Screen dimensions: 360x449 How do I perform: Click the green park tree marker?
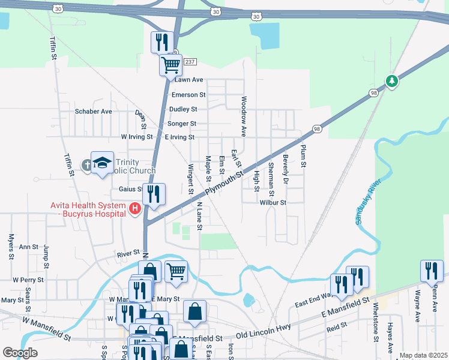click(392, 80)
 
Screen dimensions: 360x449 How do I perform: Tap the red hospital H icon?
click(135, 209)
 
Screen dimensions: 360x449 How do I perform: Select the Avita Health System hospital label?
click(88, 209)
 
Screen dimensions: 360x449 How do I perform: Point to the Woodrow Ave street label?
click(244, 115)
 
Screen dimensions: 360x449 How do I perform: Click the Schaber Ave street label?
click(93, 112)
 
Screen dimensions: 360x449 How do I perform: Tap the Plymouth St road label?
click(223, 184)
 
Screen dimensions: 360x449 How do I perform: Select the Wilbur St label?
click(273, 203)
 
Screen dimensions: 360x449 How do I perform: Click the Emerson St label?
click(188, 95)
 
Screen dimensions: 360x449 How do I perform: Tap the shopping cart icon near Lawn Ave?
click(170, 64)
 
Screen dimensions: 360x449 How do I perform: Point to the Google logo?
click(20, 353)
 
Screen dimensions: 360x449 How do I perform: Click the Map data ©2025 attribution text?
click(423, 355)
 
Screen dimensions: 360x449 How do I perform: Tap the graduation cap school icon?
click(102, 162)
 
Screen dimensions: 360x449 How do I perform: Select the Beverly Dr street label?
click(286, 169)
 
